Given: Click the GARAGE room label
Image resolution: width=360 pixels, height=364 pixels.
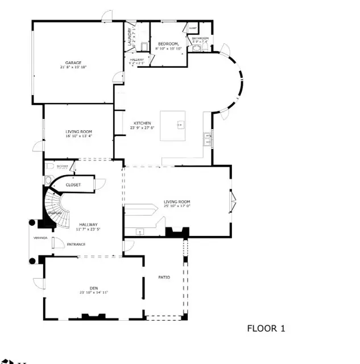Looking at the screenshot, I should coord(72,63).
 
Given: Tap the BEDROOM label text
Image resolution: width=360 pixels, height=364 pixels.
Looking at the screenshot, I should coord(168,44).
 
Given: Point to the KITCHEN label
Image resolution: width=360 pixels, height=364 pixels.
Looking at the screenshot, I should coord(142,123).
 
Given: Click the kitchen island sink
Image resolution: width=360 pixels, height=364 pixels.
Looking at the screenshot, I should coord(180,124).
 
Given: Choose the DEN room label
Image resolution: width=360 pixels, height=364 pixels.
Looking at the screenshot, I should coord(94,288).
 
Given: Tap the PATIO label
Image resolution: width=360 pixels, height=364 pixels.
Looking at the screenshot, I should coord(164,277).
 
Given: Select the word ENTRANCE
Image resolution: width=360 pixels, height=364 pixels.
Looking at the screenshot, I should coord(76,245).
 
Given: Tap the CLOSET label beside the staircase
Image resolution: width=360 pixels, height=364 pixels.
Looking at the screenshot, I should coord(73,185).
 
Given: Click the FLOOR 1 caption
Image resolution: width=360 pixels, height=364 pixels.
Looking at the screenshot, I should coord(266,328).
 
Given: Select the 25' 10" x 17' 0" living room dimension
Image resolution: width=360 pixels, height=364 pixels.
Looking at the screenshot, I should coord(177,206).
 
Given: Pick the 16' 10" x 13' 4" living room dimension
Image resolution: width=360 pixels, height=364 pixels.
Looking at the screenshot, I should coord(78,136).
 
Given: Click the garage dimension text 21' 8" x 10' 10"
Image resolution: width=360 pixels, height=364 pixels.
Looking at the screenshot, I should coord(72,67).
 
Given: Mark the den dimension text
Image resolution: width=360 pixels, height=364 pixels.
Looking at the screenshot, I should coord(94,292).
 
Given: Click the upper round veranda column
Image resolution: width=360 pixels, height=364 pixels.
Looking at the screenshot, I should coord(33,223).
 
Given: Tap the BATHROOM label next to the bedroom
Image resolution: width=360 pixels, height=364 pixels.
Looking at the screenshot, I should coord(200,38).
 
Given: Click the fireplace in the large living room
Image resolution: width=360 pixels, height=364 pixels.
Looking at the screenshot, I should coord(176,231).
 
